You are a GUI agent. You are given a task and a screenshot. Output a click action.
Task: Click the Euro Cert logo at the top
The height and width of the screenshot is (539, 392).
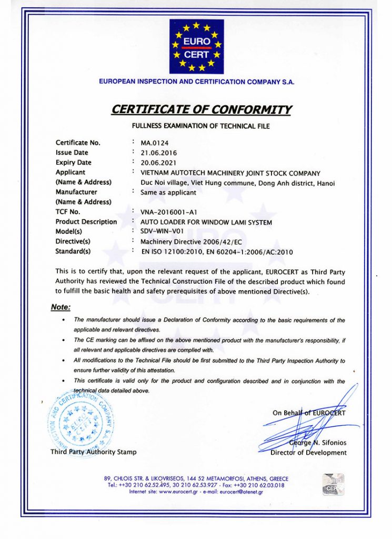point(196,46)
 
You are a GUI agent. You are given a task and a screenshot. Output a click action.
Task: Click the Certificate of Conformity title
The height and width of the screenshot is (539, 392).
point(201,109)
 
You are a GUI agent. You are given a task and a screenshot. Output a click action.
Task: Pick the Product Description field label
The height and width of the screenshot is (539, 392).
point(86,222)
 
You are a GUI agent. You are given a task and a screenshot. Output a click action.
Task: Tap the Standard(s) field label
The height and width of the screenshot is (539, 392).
point(73,251)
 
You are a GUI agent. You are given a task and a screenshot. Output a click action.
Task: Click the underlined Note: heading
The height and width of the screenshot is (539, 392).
point(61,307)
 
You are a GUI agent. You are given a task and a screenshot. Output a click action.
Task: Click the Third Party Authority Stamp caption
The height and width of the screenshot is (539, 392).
point(93,452)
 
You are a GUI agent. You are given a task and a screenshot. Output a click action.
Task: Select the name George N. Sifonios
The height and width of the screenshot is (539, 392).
point(318,443)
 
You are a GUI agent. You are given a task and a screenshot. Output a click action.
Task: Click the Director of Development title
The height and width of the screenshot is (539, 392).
point(308,453)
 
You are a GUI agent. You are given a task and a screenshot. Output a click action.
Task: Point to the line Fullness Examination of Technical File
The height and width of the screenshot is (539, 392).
point(200,126)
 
